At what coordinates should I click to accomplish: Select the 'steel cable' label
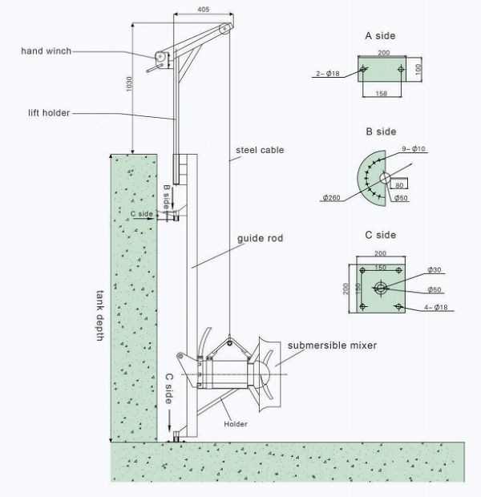pyautogui.click(x=260, y=150)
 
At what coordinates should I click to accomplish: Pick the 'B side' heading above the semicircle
pyautogui.click(x=379, y=131)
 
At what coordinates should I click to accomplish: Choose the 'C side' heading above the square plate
pyautogui.click(x=379, y=236)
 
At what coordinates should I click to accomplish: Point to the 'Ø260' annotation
pyautogui.click(x=333, y=197)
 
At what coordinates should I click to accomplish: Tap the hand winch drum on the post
pyautogui.click(x=160, y=59)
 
